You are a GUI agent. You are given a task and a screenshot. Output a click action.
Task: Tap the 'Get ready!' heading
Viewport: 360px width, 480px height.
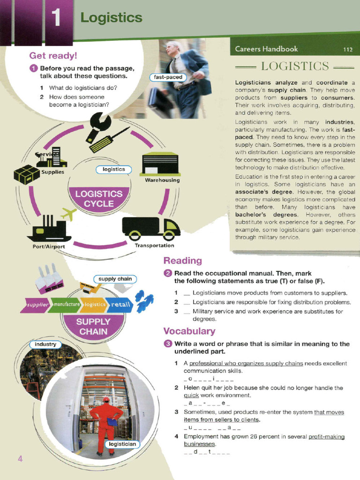pos(53,56)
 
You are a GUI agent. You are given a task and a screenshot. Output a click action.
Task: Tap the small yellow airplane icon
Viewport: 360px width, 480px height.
pos(68,214)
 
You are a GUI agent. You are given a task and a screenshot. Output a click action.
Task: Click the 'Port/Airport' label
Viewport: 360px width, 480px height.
pos(49,247)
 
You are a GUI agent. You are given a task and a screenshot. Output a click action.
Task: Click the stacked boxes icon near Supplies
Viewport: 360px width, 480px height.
pos(27,174)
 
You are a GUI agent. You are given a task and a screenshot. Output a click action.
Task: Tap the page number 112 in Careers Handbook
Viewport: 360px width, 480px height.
pos(347,49)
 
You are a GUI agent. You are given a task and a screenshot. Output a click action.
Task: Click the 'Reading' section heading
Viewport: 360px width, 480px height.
pos(182,261)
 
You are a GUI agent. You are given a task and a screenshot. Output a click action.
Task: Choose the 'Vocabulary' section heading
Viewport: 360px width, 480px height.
pos(189,331)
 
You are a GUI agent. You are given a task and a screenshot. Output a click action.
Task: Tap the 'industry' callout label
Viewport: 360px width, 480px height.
pos(45,345)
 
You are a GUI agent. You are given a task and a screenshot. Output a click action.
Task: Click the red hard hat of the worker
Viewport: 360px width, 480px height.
pos(106,399)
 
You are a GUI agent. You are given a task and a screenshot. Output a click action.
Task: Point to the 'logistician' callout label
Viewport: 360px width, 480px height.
pos(122,444)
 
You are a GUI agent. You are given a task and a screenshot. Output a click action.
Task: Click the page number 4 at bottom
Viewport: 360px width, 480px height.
pos(20,458)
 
